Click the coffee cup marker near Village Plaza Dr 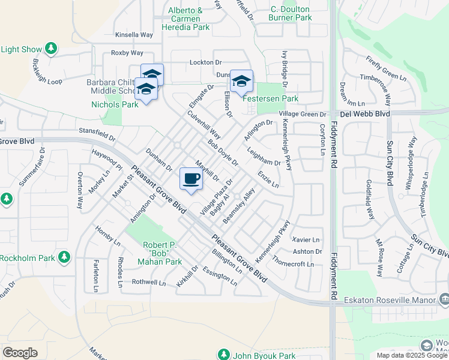[191, 179]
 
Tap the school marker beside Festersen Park [241, 82]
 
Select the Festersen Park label [270, 98]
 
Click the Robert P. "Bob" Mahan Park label [162, 253]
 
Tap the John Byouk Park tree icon [223, 355]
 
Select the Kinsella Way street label [134, 35]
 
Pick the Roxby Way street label [127, 53]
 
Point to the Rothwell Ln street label [148, 282]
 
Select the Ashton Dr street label [307, 251]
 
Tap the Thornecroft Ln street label [293, 264]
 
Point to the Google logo [20, 353]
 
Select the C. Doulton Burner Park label [291, 13]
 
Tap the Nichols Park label [115, 104]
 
